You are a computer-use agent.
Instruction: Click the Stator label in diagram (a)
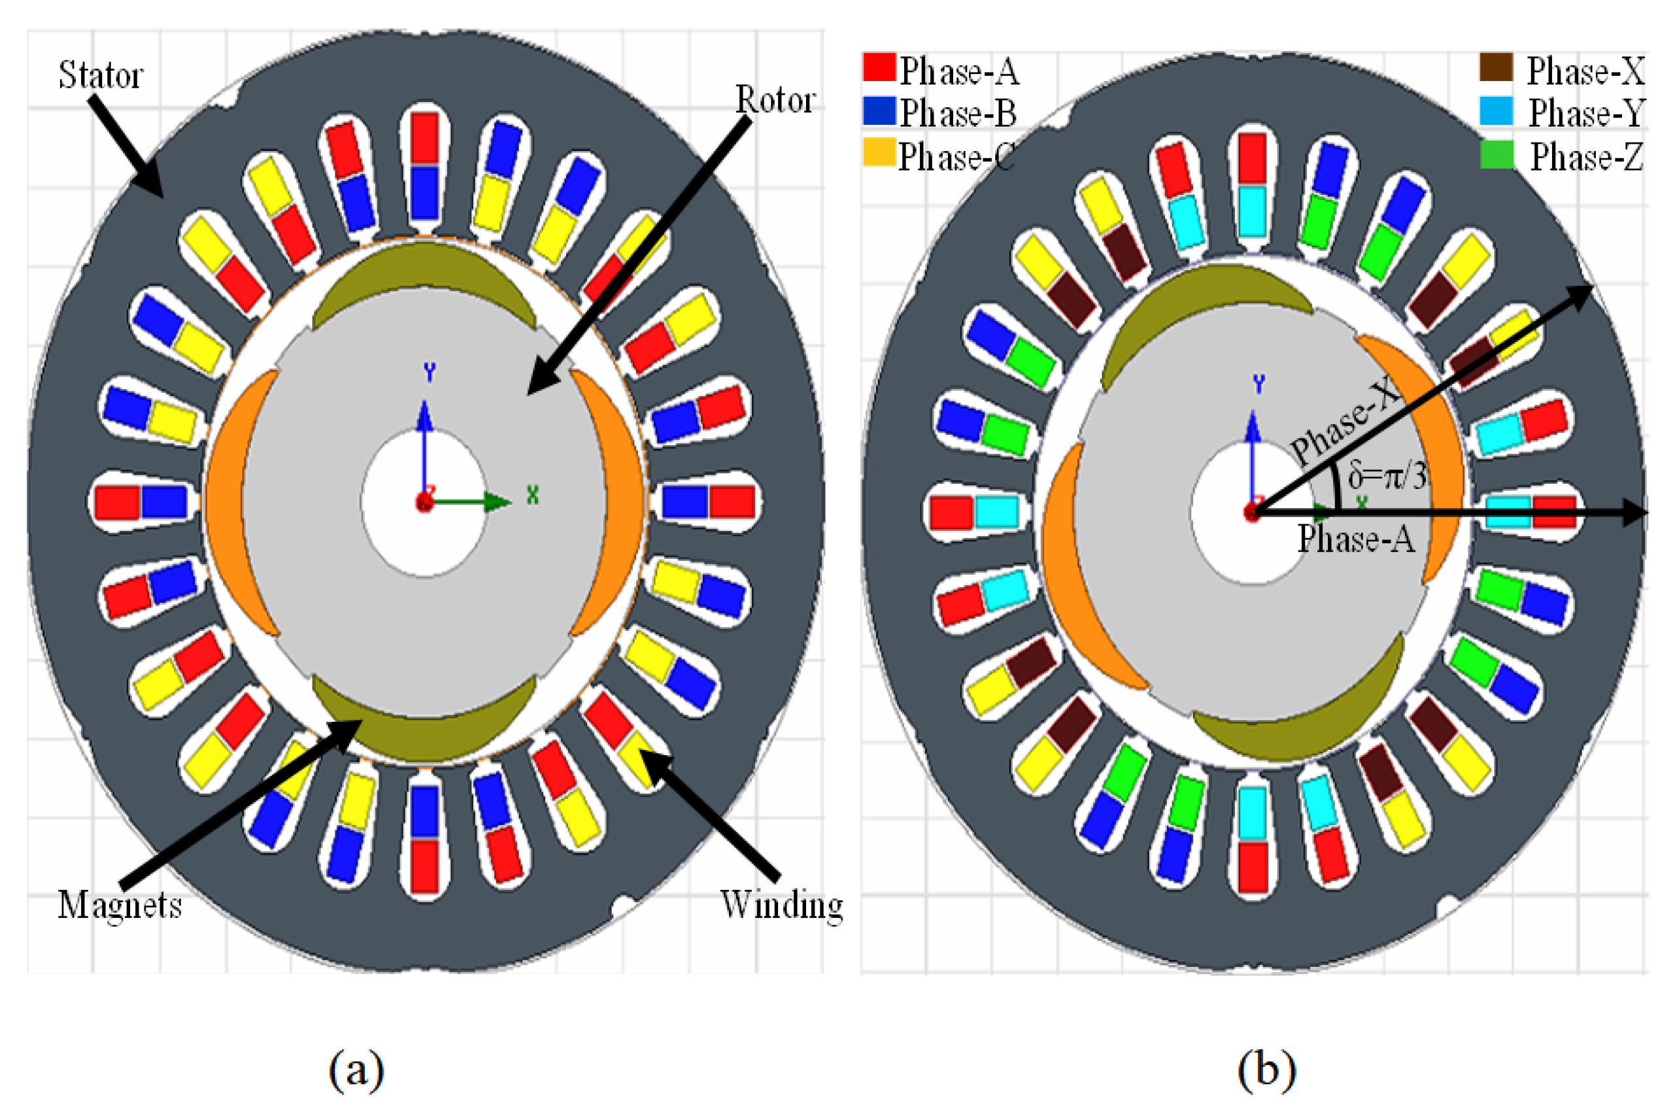pos(101,75)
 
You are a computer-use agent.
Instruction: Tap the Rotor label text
pos(775,100)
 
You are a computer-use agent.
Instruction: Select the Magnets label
pos(120,906)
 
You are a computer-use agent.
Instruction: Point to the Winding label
pos(781,906)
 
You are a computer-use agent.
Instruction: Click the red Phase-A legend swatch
pos(879,68)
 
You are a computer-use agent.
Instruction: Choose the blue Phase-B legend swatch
pos(879,111)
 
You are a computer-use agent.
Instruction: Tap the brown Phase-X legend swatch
pos(1495,68)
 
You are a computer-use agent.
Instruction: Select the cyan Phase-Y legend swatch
pos(1495,111)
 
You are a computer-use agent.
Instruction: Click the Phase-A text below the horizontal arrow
pos(1355,538)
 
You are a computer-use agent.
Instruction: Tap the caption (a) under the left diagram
pos(356,1070)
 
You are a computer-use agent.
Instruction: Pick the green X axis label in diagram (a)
pos(533,495)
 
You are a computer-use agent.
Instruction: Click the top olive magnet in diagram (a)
pos(425,271)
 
